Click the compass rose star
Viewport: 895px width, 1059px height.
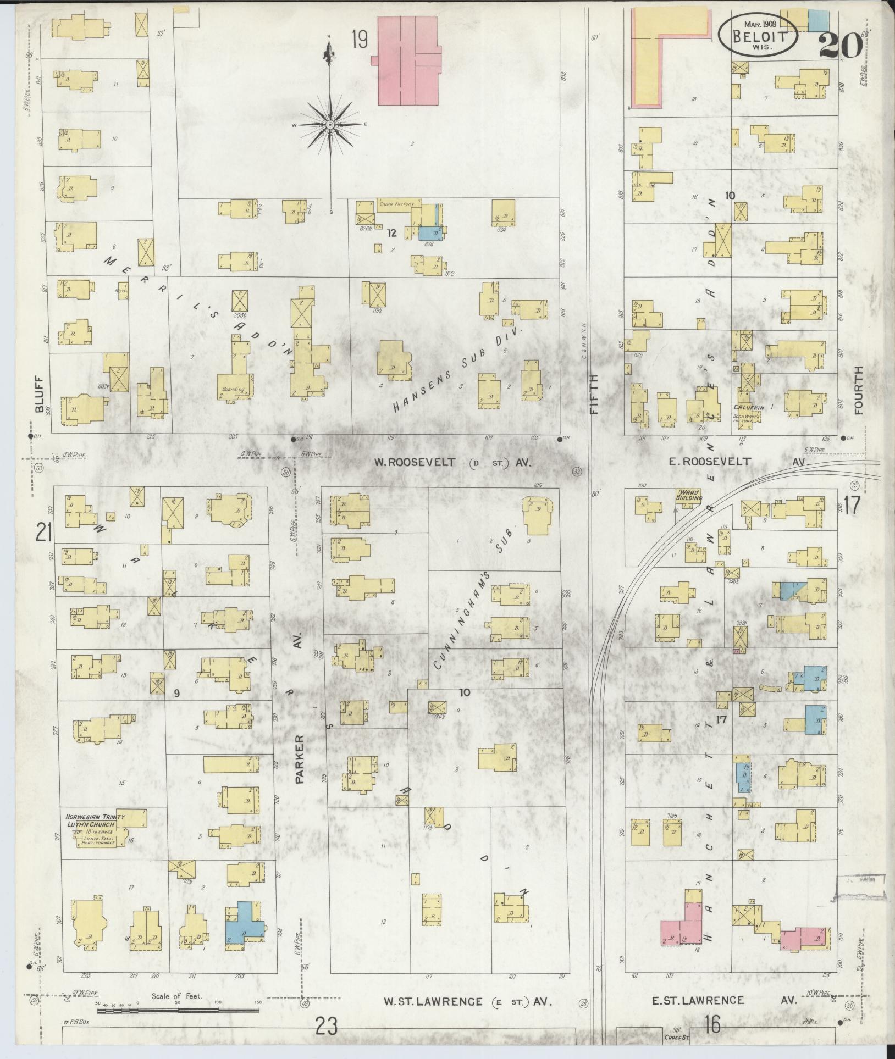click(x=330, y=125)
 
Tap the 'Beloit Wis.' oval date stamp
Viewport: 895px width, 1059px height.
click(x=758, y=34)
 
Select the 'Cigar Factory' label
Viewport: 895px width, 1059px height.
click(x=396, y=204)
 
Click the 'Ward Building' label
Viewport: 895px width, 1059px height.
click(x=689, y=494)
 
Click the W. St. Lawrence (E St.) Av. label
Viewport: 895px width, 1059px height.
click(x=467, y=1001)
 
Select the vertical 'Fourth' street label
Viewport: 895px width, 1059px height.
click(x=858, y=391)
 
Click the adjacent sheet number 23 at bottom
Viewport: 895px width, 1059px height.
click(x=326, y=1025)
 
